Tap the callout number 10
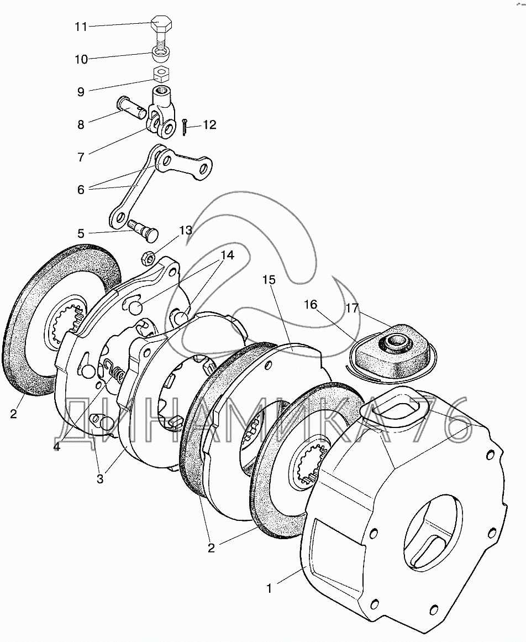[81, 59]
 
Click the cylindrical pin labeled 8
[131, 108]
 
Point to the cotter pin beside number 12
[185, 127]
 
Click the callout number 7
[81, 157]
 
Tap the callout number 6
[81, 190]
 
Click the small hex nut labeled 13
[148, 258]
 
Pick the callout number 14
[228, 255]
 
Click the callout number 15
[269, 280]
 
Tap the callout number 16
[311, 304]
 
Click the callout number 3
[100, 479]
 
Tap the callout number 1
[269, 588]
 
